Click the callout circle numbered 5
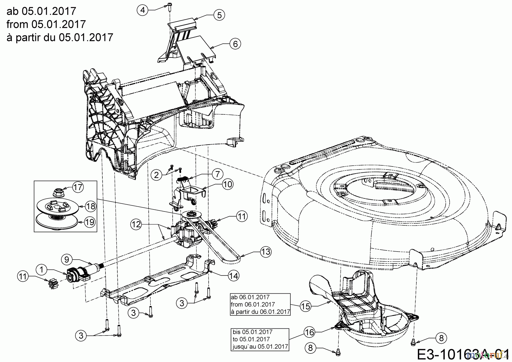(x=219, y=15)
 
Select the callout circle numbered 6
(x=235, y=44)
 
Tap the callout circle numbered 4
(x=143, y=10)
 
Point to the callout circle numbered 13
(x=265, y=252)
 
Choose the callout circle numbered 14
(x=234, y=275)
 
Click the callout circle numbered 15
(x=306, y=306)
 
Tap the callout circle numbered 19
(x=90, y=222)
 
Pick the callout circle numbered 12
(x=137, y=224)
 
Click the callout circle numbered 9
(x=67, y=259)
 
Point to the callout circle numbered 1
(x=42, y=269)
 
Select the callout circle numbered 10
(x=228, y=184)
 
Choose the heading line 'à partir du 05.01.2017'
(x=60, y=37)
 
